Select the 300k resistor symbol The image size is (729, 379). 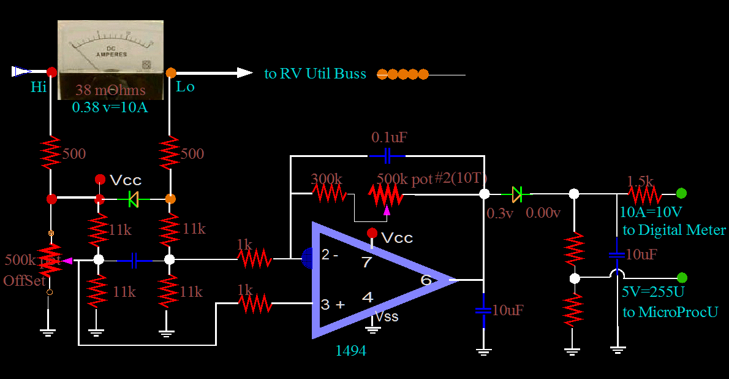(x=329, y=194)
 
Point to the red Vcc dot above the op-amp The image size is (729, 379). (x=371, y=232)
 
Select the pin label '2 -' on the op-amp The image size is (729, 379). (x=330, y=255)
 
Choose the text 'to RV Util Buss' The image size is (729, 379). (x=315, y=74)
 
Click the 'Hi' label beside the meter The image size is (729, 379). (x=39, y=87)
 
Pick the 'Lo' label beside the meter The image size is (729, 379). (x=185, y=86)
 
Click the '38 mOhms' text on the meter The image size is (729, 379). (x=110, y=91)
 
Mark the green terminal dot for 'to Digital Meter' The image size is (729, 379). (x=681, y=194)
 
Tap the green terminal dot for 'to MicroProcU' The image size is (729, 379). (x=682, y=278)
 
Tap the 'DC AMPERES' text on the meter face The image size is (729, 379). (x=111, y=51)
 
